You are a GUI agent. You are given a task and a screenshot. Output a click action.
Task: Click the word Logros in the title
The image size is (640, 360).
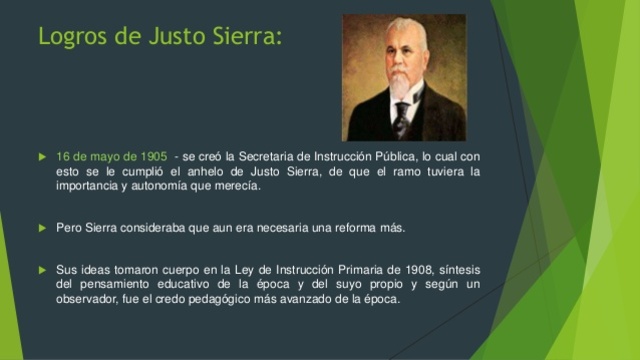70,37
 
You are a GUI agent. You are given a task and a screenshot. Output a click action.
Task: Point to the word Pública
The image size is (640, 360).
388,156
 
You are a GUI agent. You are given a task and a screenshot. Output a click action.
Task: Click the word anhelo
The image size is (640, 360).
225,171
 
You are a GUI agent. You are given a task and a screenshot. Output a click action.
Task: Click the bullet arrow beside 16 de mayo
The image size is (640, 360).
41,157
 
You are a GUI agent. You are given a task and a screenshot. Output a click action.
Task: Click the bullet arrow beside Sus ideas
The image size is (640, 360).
41,269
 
